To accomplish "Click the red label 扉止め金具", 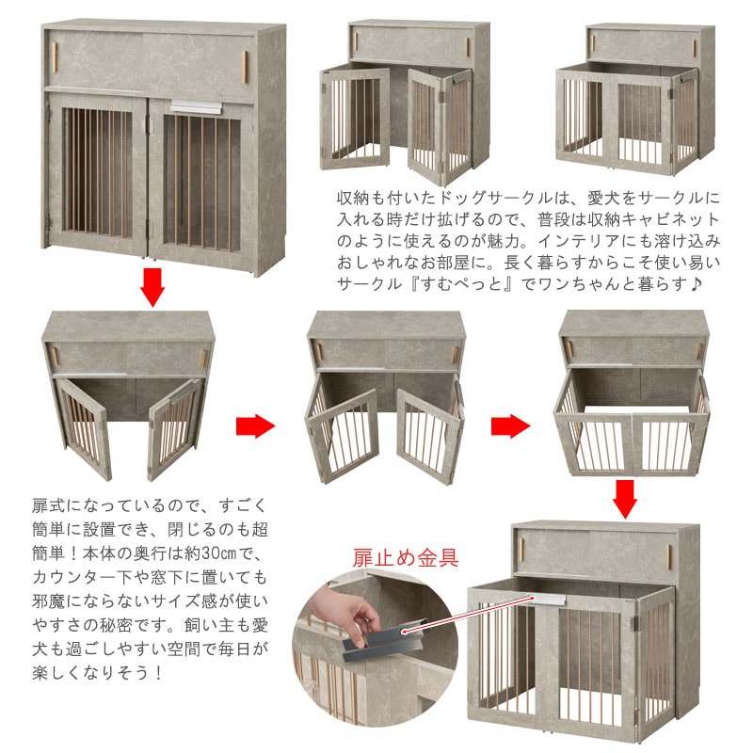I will pos(406,557).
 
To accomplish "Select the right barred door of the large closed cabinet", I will pos(201,184).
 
